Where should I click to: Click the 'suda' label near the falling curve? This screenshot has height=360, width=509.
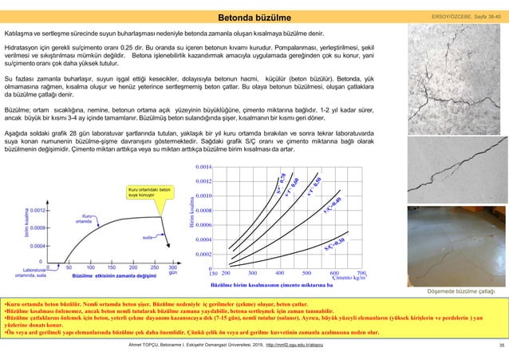pyautogui.click(x=148, y=238)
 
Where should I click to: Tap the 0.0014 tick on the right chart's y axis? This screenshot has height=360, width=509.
pyautogui.click(x=203, y=167)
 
